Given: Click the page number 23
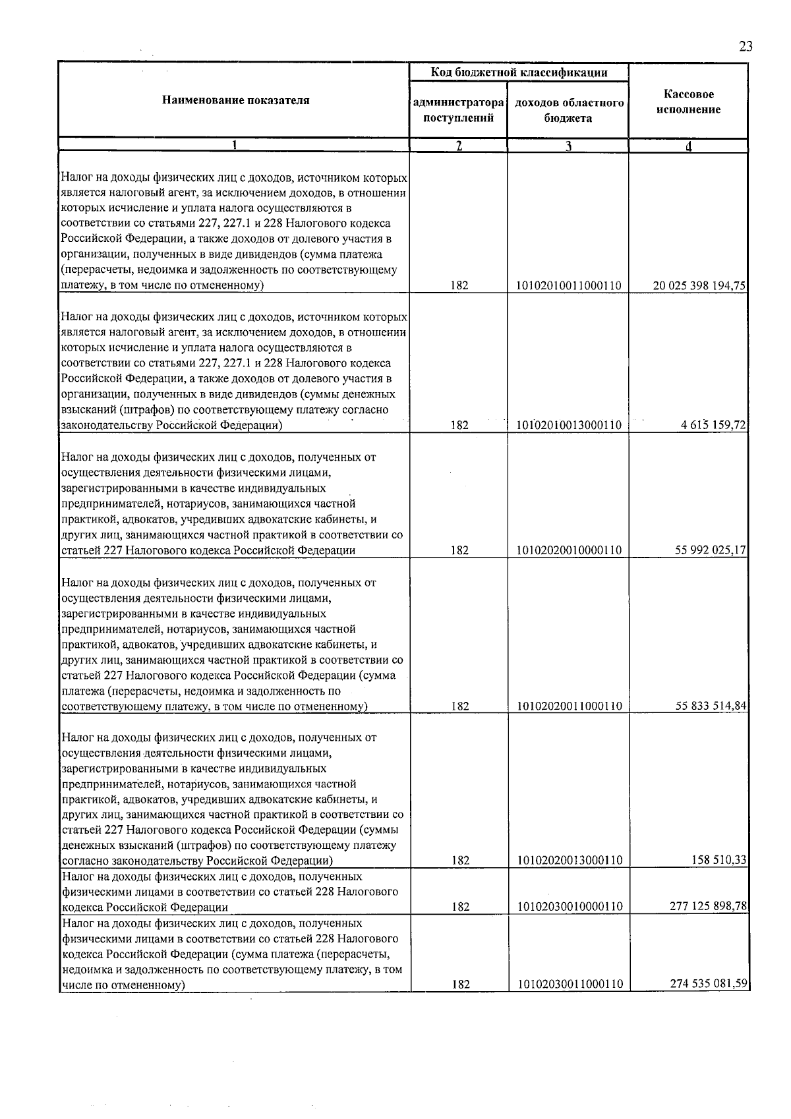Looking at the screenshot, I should [x=746, y=47].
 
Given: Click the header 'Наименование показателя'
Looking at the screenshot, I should [x=235, y=101].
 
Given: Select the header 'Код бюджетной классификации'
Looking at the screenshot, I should [x=519, y=72].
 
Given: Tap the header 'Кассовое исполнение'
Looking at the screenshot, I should [x=688, y=102].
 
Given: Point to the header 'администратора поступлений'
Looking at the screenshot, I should [x=458, y=111].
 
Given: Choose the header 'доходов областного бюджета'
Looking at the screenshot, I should [x=568, y=111].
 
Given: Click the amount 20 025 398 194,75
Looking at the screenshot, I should [x=699, y=286].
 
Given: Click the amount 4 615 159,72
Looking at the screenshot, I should [x=713, y=426].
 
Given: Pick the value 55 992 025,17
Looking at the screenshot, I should [x=710, y=550].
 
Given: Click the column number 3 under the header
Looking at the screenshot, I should [x=568, y=146].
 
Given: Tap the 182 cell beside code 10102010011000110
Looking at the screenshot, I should [x=459, y=286].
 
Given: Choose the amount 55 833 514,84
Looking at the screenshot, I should [x=710, y=706].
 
